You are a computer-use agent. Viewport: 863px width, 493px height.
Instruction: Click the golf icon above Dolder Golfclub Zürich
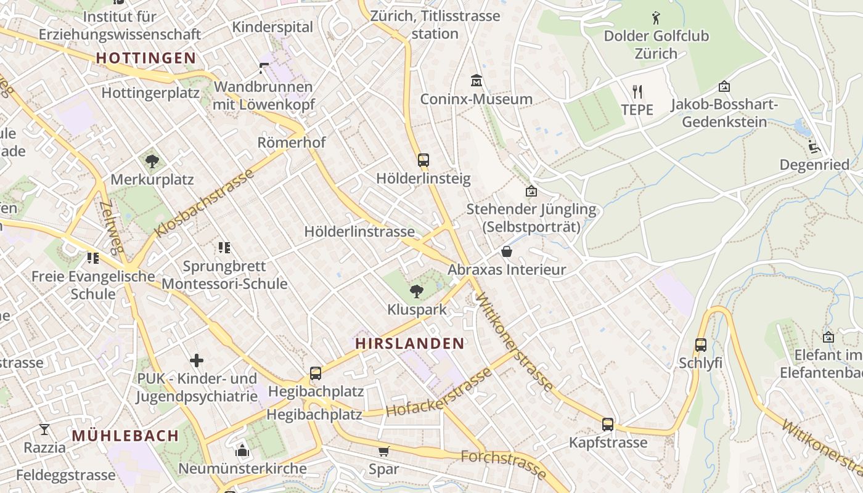[x=656, y=17]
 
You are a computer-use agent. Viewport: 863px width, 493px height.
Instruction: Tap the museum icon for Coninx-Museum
[x=476, y=81]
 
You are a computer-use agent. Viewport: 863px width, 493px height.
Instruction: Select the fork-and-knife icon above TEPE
[x=637, y=92]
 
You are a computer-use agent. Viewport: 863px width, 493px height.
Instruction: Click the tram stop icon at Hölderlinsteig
[x=423, y=160]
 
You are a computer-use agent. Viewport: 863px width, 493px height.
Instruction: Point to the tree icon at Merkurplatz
[x=152, y=161]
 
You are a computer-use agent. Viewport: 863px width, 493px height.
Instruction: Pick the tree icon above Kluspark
[x=417, y=291]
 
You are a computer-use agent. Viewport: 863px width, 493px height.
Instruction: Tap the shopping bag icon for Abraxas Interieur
[x=507, y=251]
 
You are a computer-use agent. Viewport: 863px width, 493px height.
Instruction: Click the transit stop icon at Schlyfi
[x=700, y=344]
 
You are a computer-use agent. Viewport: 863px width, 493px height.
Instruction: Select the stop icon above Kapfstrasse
[x=608, y=424]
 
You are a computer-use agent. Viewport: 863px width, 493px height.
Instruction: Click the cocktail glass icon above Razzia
[x=44, y=429]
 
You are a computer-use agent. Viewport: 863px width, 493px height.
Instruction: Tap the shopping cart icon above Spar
[x=384, y=451]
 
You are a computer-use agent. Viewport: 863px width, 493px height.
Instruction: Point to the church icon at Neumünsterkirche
[x=242, y=450]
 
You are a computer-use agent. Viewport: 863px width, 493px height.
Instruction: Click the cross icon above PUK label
[x=197, y=361]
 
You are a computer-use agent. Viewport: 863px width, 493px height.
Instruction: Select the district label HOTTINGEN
[x=146, y=59]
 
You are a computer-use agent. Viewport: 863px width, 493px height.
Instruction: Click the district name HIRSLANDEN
[x=410, y=344]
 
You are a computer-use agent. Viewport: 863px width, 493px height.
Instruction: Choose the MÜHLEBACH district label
[x=125, y=436]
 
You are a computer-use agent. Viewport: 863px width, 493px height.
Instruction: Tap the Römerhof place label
[x=292, y=142]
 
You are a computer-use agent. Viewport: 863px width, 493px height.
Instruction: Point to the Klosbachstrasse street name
[x=205, y=202]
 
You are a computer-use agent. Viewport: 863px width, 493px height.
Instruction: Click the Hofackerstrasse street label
[x=440, y=393]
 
